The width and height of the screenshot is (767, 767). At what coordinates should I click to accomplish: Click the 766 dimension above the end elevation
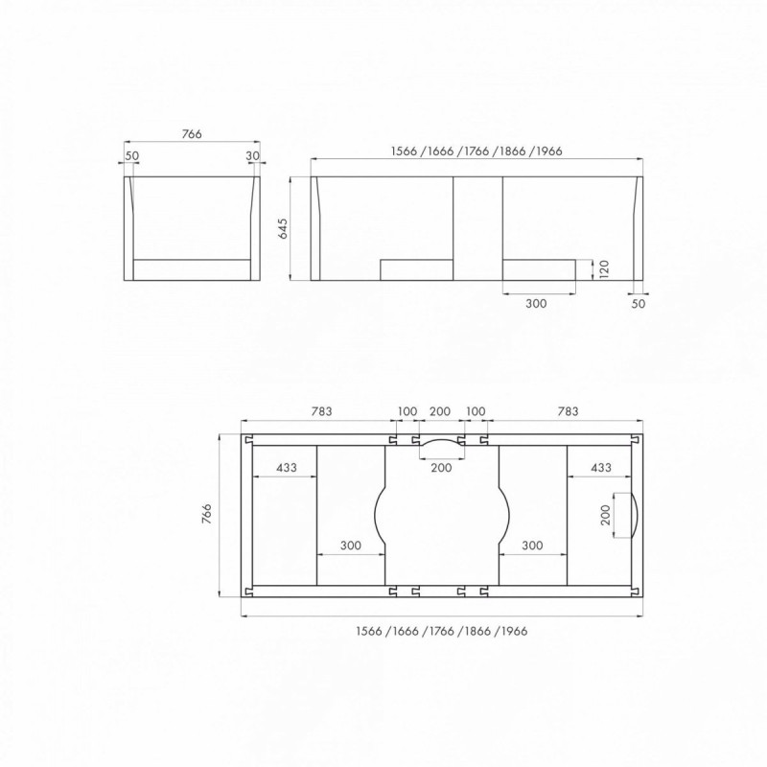pyautogui.click(x=192, y=135)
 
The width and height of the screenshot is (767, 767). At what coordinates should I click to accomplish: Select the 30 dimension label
pyautogui.click(x=253, y=154)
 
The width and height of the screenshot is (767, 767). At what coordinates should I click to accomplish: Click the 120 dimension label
pyautogui.click(x=602, y=269)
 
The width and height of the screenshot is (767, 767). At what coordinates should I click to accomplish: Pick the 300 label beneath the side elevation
pyautogui.click(x=537, y=304)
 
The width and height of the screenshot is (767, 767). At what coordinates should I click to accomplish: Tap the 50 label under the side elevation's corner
pyautogui.click(x=639, y=304)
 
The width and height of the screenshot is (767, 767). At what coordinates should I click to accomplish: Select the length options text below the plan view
pyautogui.click(x=442, y=631)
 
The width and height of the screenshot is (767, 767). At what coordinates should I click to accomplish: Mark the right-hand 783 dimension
pyautogui.click(x=567, y=411)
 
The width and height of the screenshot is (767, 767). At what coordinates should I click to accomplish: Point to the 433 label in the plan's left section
pyautogui.click(x=285, y=467)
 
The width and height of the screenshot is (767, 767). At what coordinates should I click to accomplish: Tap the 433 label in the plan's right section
pyautogui.click(x=600, y=467)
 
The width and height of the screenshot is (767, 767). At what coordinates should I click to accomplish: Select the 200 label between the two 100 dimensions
pyautogui.click(x=440, y=411)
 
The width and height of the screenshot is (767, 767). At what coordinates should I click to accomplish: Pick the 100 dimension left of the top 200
pyautogui.click(x=407, y=411)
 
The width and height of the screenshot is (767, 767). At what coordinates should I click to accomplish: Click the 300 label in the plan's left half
pyautogui.click(x=350, y=545)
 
